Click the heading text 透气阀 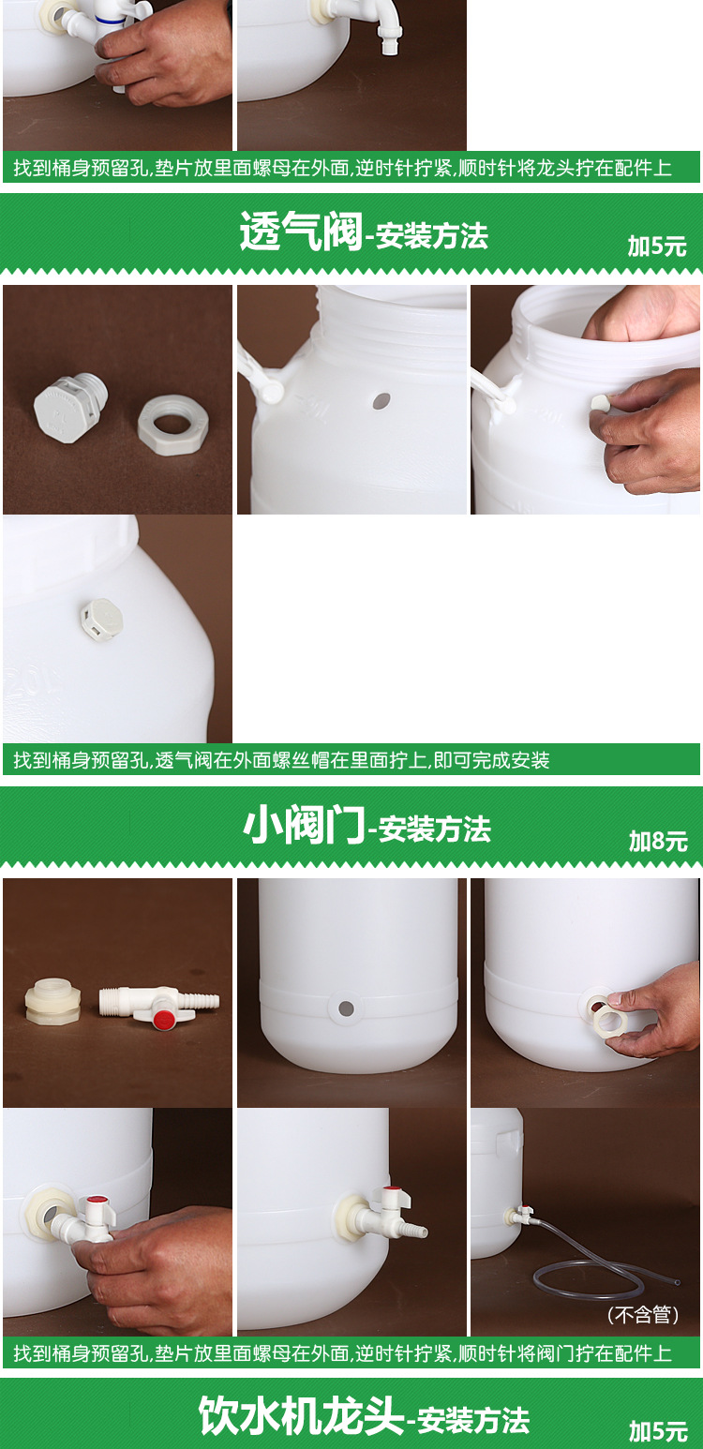click(x=300, y=232)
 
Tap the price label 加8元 click(x=658, y=841)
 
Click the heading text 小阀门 click(x=303, y=826)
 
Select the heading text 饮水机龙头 click(x=301, y=1416)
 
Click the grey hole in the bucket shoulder click(x=380, y=401)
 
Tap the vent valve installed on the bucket click(x=100, y=619)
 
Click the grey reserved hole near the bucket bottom click(x=346, y=1008)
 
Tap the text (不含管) click(x=643, y=1315)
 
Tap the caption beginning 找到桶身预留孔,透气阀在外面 click(x=281, y=760)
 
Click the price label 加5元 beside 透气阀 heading click(x=657, y=246)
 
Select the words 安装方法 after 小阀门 click(x=435, y=829)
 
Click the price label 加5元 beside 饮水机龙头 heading click(x=657, y=1431)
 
